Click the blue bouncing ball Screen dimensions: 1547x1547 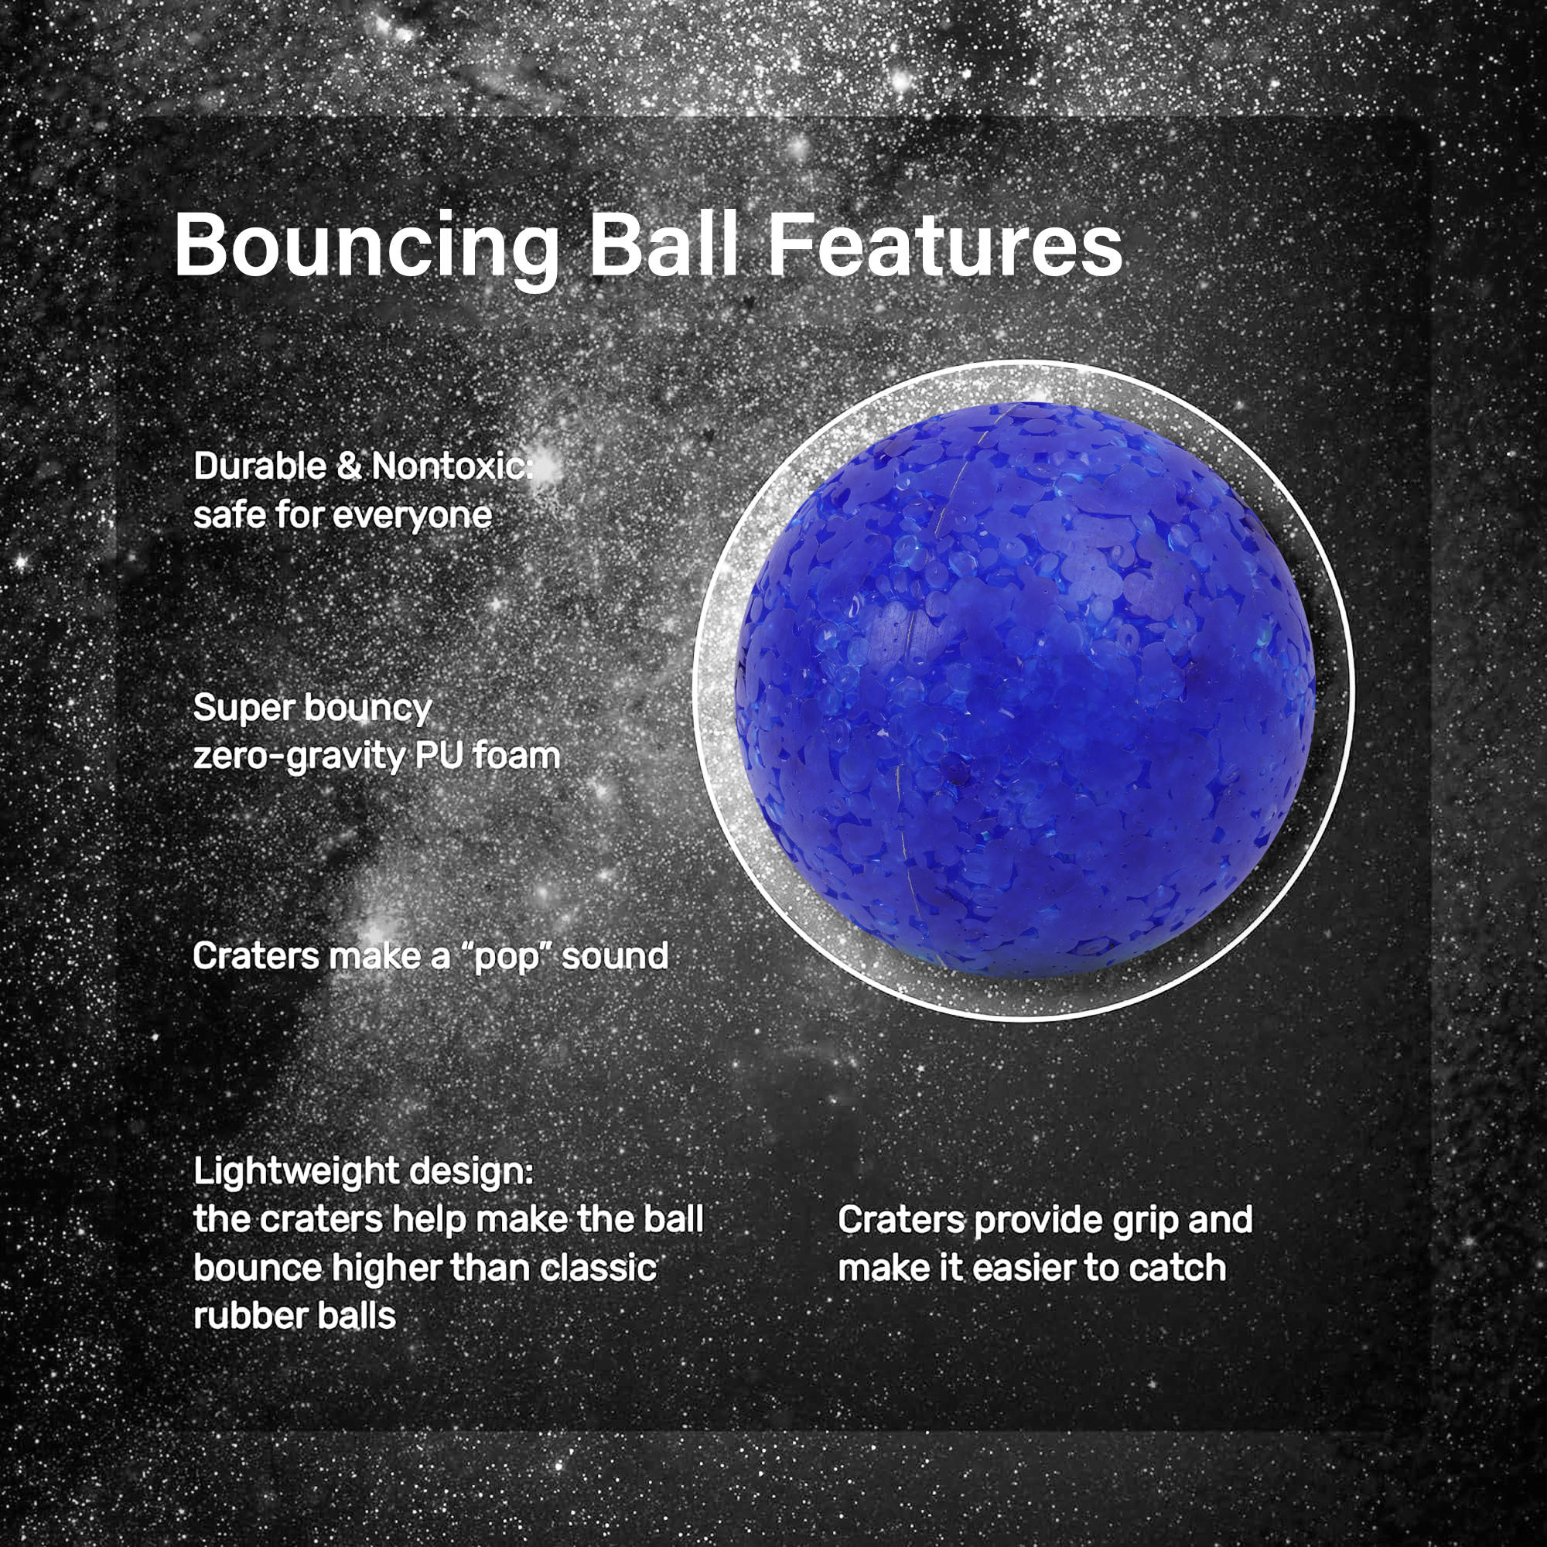[x=1025, y=689]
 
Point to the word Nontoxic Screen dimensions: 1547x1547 [x=452, y=466]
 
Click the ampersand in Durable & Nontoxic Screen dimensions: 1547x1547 [x=348, y=466]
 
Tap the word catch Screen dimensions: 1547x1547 [x=1179, y=1269]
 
